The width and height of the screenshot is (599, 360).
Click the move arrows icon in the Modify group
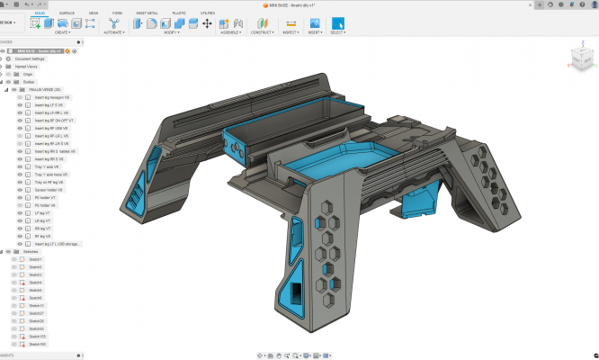[x=207, y=23]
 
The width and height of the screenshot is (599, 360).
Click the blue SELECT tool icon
[x=338, y=23]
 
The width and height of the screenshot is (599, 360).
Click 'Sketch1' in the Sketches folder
[x=36, y=259]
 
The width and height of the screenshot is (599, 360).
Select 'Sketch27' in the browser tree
[x=37, y=313]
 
